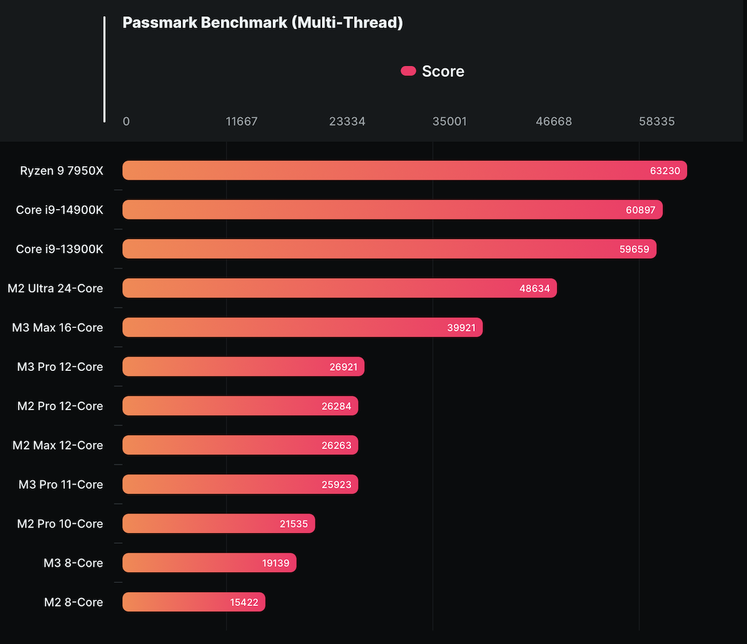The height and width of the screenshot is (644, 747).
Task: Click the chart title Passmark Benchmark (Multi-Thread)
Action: pos(263,23)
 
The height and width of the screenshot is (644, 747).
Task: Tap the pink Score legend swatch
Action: pos(408,71)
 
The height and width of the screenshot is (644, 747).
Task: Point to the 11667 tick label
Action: pos(242,121)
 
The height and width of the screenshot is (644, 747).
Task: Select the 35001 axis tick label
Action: pos(449,121)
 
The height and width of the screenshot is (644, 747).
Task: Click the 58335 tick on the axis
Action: pos(657,121)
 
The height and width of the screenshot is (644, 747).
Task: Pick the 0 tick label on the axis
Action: pos(126,121)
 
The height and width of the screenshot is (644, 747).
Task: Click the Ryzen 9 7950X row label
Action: pos(62,170)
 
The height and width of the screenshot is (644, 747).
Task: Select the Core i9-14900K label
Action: pos(60,210)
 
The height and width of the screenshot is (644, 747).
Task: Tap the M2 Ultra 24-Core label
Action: pos(55,288)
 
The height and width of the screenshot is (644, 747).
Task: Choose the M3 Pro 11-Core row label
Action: pos(61,484)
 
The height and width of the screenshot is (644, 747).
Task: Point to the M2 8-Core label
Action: pos(73,602)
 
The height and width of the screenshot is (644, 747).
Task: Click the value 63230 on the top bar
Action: pos(665,170)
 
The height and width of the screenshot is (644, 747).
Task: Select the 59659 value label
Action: pos(634,249)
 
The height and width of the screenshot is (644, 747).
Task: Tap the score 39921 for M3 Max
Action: pos(461,327)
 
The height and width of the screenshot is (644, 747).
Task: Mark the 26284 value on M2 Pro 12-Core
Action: pos(336,406)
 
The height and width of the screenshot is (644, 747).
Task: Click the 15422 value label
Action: pos(243,602)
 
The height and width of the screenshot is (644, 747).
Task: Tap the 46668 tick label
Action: pos(553,121)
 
